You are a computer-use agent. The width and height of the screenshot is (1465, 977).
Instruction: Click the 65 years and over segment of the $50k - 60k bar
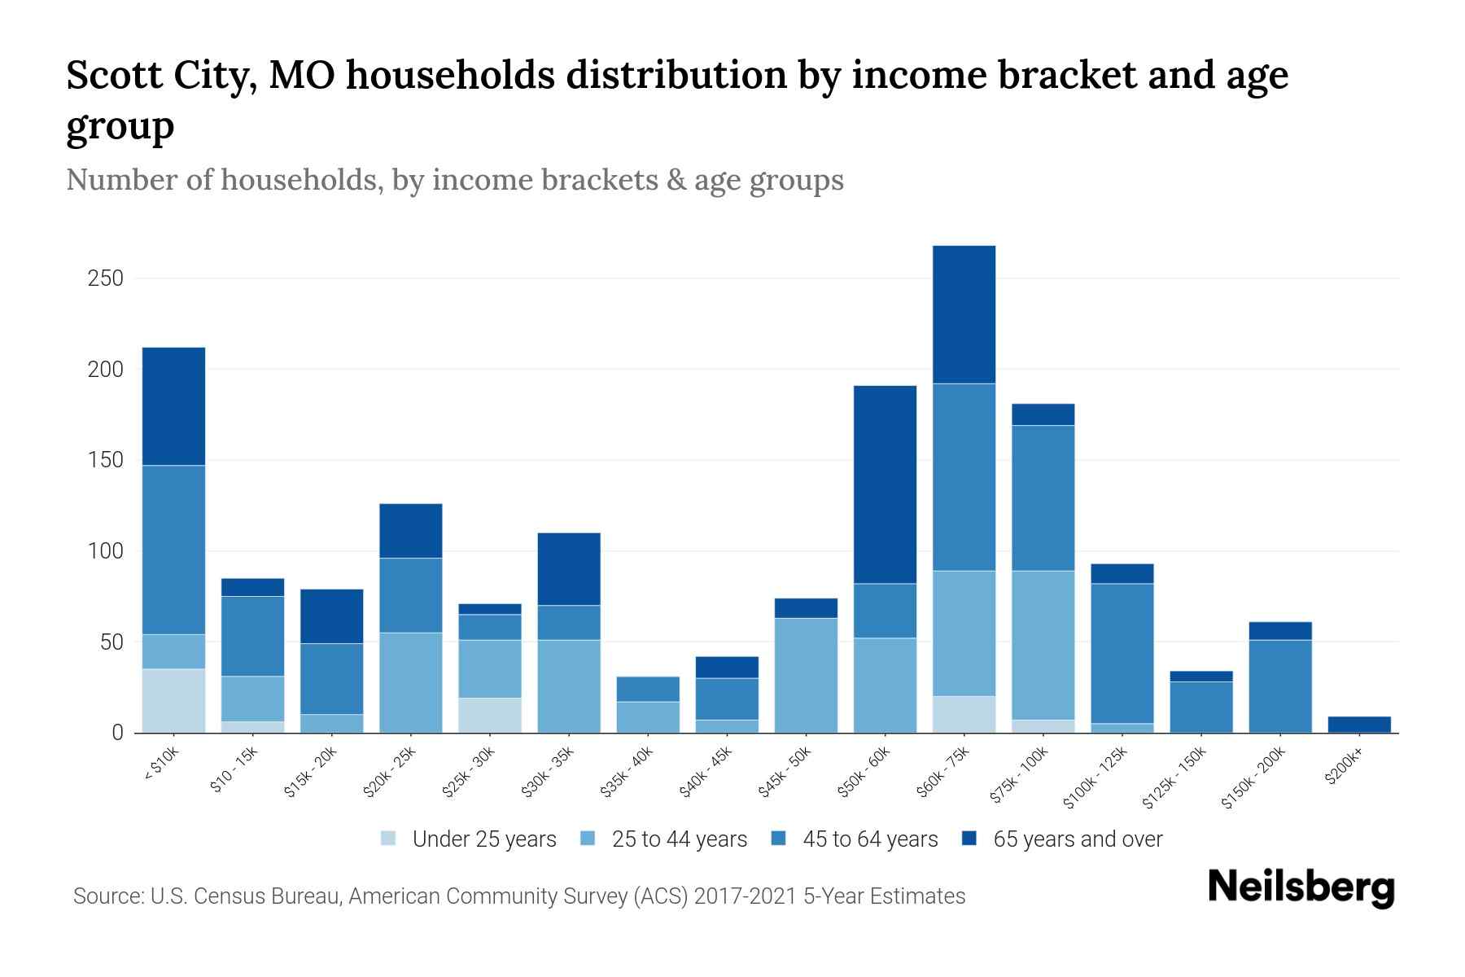pos(885,484)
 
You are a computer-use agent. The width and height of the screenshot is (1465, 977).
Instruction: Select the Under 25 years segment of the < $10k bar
pos(173,700)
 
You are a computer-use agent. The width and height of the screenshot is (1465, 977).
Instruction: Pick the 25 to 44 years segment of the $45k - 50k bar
pos(806,675)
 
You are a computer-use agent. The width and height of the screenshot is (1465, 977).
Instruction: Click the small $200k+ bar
pos(1359,724)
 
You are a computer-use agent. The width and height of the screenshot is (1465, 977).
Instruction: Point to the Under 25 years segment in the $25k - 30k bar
pos(490,715)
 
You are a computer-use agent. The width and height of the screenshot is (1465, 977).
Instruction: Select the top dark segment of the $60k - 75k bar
pos(964,314)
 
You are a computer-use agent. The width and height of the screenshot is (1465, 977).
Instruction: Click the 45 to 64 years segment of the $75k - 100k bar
pos(1043,497)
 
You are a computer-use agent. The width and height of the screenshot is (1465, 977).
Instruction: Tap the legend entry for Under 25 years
pos(469,839)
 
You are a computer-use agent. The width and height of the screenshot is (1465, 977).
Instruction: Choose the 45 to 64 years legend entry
pos(855,839)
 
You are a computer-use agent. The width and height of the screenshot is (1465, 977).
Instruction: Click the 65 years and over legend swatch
pos(969,839)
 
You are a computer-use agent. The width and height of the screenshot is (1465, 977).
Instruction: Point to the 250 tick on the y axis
pos(105,278)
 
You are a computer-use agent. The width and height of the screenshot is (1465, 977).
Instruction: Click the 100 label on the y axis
pos(105,551)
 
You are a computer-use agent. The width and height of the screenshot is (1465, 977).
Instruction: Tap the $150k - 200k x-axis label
pos(1253,778)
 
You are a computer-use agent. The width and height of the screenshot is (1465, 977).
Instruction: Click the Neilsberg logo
pos(1301,887)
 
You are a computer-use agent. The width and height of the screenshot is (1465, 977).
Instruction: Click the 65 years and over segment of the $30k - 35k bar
pos(569,568)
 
